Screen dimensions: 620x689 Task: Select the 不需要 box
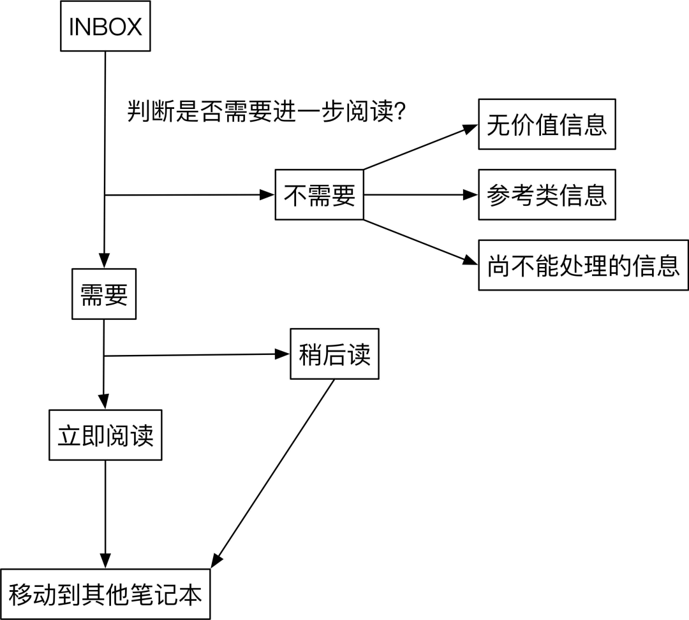(x=319, y=195)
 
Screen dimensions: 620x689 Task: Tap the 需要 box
(x=104, y=295)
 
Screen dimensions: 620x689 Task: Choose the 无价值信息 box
(x=547, y=124)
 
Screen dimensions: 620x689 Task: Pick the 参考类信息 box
(x=547, y=195)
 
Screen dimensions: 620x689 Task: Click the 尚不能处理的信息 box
(x=583, y=265)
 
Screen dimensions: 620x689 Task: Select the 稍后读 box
(x=334, y=354)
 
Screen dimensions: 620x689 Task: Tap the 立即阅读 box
(x=105, y=436)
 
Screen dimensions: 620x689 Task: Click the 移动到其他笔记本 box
(x=105, y=594)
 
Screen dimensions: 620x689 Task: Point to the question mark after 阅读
(x=401, y=113)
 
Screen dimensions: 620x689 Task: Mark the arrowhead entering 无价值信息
(x=471, y=128)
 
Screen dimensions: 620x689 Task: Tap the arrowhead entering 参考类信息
(x=471, y=195)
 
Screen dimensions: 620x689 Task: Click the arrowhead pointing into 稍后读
(x=283, y=354)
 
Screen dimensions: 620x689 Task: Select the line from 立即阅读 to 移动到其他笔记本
(x=105, y=510)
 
